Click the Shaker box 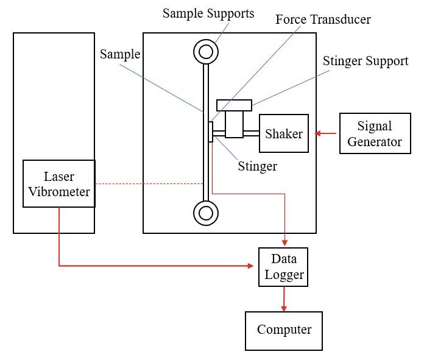click(x=284, y=133)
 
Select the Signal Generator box click(x=375, y=134)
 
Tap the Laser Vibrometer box click(x=59, y=183)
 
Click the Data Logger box click(x=284, y=267)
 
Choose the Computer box click(x=284, y=330)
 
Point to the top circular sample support click(x=206, y=52)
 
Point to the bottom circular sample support click(x=206, y=213)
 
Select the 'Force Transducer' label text click(x=323, y=19)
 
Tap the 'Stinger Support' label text click(x=366, y=61)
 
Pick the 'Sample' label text click(x=120, y=54)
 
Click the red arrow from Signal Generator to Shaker click(x=325, y=133)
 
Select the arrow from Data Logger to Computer click(x=284, y=298)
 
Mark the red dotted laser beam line click(x=149, y=183)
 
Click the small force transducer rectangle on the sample click(x=211, y=132)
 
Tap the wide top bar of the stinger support click(x=234, y=105)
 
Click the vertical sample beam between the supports click(x=206, y=152)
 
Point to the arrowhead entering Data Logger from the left click(x=250, y=266)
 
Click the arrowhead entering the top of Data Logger click(x=284, y=242)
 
